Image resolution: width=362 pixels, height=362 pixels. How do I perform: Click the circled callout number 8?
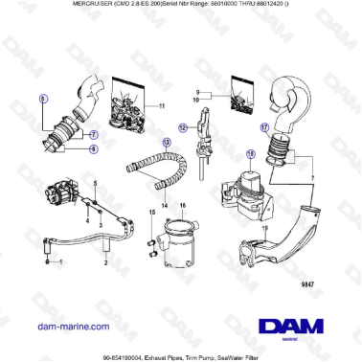point(41,99)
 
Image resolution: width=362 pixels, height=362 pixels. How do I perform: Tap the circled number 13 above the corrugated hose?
point(167,142)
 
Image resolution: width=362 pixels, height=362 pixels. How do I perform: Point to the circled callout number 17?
point(265,125)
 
